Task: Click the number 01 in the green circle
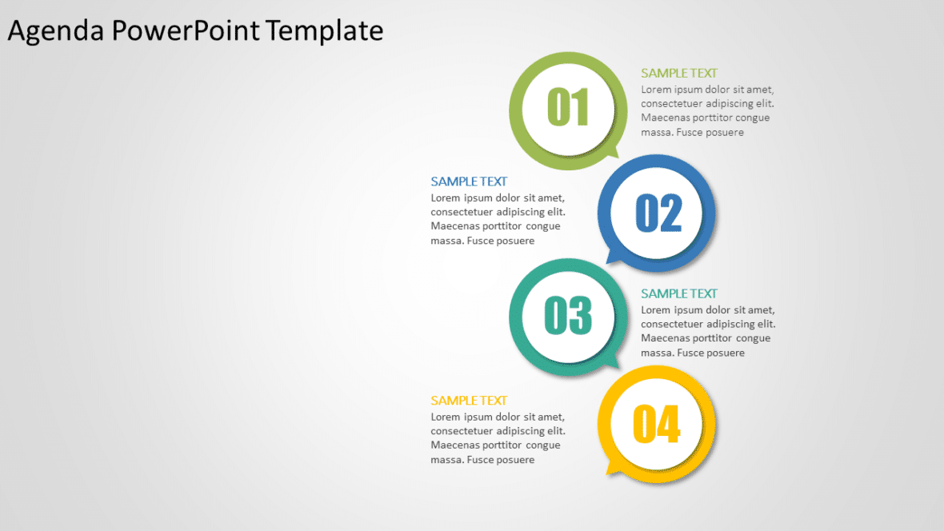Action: coord(568,108)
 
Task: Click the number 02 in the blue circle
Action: coord(658,214)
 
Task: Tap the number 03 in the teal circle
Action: coord(568,315)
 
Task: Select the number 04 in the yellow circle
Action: coord(656,424)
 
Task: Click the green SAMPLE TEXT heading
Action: coord(679,73)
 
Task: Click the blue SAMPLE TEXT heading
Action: coord(469,182)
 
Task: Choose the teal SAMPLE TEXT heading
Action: coord(679,293)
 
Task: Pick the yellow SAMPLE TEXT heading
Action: coord(469,401)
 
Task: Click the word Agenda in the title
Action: coord(55,30)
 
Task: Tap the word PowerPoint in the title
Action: coord(185,30)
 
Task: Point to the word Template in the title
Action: coord(325,30)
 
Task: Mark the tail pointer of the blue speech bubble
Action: coord(612,258)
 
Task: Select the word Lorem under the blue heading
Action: coord(446,198)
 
